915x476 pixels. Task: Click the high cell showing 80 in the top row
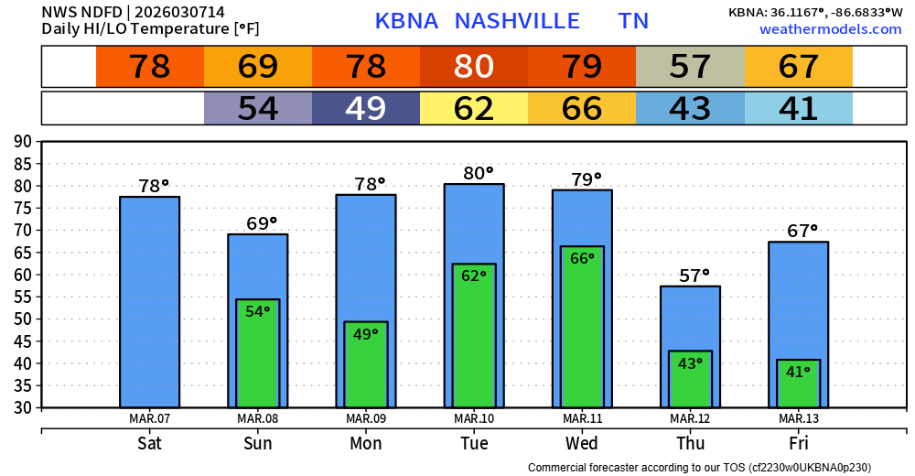pos(474,66)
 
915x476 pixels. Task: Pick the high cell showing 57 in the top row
pos(690,66)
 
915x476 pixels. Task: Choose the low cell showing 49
pos(366,109)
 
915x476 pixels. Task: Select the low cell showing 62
pos(474,109)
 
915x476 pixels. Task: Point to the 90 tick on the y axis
pos(23,141)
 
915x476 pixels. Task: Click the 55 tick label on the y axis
pos(23,297)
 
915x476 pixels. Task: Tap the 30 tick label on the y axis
pos(23,407)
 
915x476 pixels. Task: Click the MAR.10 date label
pos(474,419)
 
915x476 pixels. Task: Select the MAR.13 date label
pos(798,419)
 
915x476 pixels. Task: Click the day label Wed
pos(582,444)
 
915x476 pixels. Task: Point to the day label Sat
pos(150,444)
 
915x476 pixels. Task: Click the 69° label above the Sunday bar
pos(261,223)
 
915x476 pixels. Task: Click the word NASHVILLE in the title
pos(517,21)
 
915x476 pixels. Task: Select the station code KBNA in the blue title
pos(406,21)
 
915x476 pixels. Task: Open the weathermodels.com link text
pos(831,29)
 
